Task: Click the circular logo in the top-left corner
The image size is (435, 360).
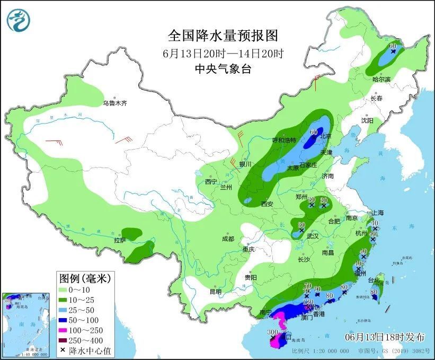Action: tap(19, 19)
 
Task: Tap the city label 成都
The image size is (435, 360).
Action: tap(228, 239)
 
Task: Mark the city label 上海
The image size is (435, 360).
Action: tap(378, 213)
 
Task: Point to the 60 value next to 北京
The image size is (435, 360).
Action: tap(313, 132)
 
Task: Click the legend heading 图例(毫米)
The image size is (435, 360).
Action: tap(81, 277)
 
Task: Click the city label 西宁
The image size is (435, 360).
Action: tap(211, 182)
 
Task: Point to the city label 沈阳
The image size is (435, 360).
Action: tap(367, 121)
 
